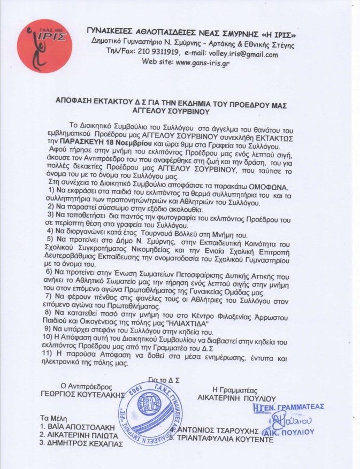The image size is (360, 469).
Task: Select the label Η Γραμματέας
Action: pos(236,390)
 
